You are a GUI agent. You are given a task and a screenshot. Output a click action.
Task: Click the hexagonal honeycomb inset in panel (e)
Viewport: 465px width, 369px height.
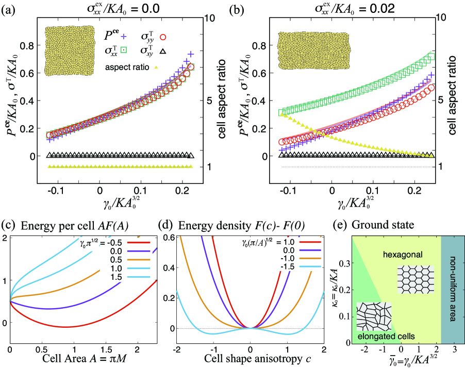413,279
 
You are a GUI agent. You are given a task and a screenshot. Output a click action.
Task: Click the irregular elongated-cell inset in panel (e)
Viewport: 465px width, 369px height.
375,313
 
